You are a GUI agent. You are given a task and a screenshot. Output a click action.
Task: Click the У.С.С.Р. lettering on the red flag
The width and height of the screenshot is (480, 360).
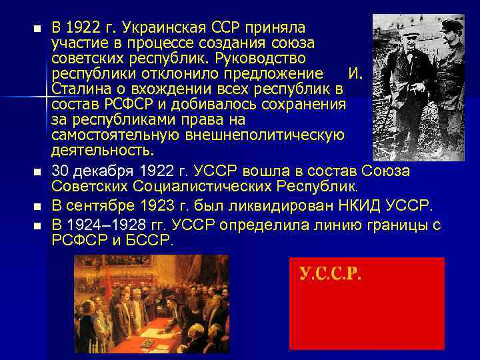point(330,273)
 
